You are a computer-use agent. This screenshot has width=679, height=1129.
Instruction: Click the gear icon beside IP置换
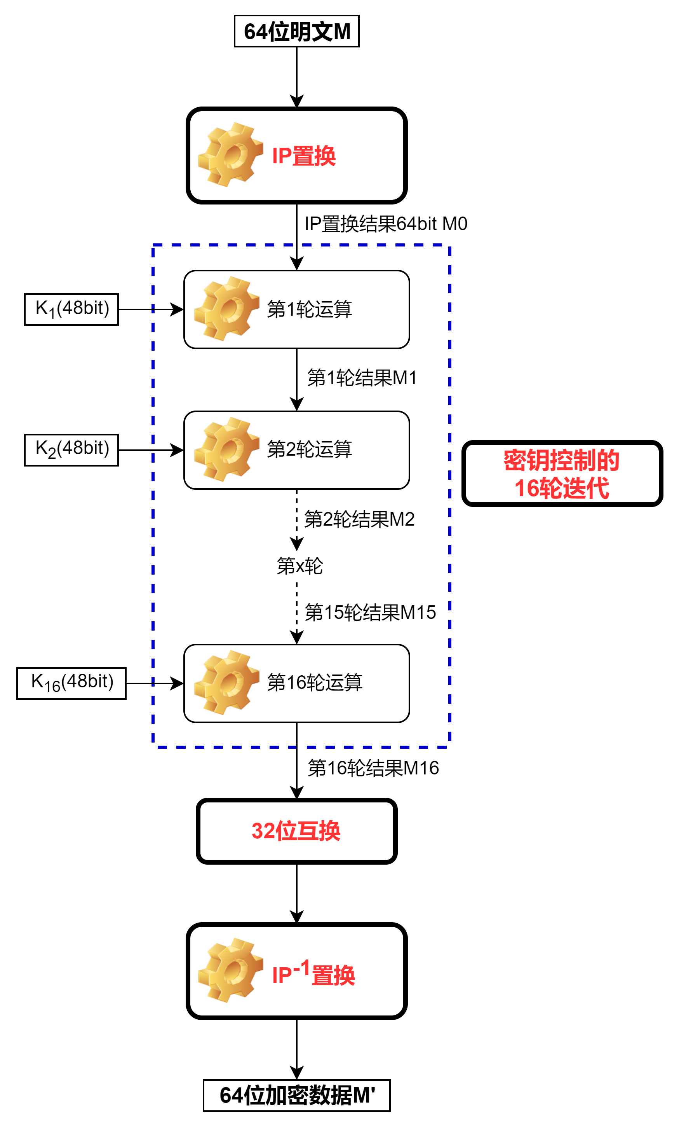coord(230,155)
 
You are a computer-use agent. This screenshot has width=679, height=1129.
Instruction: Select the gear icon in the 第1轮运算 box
coord(226,309)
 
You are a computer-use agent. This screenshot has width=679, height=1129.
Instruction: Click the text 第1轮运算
coord(309,309)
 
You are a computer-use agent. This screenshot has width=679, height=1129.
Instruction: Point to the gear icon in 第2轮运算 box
coord(226,449)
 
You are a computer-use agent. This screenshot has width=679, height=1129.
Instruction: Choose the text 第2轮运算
coord(309,449)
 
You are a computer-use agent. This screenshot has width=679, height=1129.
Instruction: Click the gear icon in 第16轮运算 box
coord(226,682)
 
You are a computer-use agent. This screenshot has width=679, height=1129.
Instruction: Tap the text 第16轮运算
coord(314,682)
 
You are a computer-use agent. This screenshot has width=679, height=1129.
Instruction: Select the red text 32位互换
coord(296,830)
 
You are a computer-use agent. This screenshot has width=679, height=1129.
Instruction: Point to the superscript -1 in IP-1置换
coord(301,967)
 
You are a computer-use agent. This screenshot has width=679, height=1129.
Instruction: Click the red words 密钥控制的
coord(561,460)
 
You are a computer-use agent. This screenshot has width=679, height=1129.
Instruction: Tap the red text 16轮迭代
coord(561,488)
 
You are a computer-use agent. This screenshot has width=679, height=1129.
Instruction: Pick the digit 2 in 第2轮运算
coord(291,449)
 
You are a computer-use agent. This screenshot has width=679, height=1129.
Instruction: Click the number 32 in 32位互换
coord(263,830)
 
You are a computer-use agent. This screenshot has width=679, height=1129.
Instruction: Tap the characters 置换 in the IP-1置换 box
coord(333,975)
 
